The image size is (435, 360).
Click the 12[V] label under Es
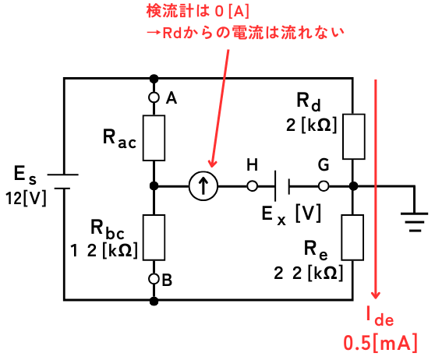tap(26, 199)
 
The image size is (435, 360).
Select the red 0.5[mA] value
tap(380, 344)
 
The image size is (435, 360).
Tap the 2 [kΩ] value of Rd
tap(312, 125)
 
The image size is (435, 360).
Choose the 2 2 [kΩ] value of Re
tap(309, 274)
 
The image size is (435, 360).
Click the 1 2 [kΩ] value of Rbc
tap(104, 250)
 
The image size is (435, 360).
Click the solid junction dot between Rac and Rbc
tap(154, 186)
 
